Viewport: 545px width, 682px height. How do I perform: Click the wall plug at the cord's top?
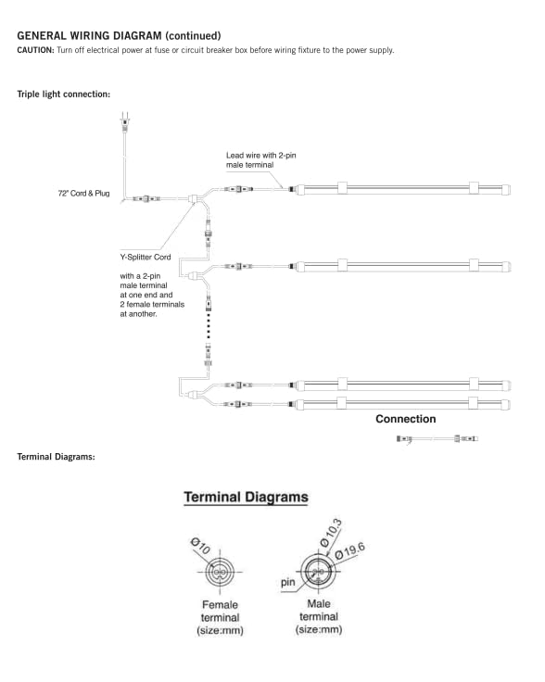[125, 122]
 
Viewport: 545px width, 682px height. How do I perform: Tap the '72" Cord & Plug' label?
[83, 193]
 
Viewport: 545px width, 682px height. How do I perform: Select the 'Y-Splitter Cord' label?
[146, 257]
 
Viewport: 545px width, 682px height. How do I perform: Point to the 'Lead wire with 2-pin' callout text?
[260, 156]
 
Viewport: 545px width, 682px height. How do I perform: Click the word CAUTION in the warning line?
[35, 50]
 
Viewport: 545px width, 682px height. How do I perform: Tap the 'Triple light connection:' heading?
[64, 94]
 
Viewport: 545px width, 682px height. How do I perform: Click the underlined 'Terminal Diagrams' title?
[246, 498]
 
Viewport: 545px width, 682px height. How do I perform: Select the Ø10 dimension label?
[200, 546]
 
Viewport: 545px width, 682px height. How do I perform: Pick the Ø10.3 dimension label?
[331, 533]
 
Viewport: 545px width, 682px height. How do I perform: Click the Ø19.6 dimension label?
[350, 550]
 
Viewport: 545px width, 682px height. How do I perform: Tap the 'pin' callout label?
[287, 582]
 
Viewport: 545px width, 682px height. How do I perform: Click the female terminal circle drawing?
[220, 572]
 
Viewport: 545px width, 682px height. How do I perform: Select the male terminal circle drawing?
[318, 572]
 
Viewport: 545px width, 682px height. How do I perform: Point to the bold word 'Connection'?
[405, 419]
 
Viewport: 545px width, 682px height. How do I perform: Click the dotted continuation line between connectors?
[209, 325]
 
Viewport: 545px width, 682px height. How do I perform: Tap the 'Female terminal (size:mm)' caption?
[220, 618]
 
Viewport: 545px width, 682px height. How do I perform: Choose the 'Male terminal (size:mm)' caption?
[319, 616]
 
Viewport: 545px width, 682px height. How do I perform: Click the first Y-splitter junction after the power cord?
[193, 199]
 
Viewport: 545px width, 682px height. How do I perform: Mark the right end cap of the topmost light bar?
[505, 190]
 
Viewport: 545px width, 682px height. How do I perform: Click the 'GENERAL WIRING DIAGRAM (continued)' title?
[119, 35]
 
